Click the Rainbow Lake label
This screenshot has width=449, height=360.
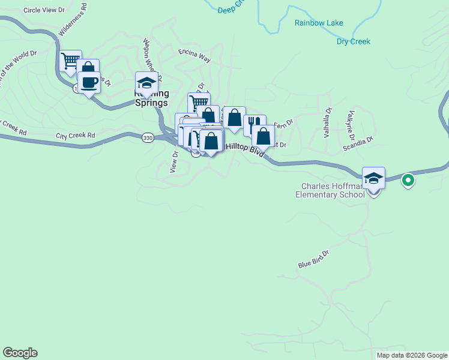pyautogui.click(x=318, y=23)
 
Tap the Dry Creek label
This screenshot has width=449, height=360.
pyautogui.click(x=353, y=42)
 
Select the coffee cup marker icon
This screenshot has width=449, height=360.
pyautogui.click(x=89, y=83)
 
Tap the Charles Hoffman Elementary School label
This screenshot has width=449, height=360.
pyautogui.click(x=330, y=190)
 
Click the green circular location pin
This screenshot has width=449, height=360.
pyautogui.click(x=408, y=179)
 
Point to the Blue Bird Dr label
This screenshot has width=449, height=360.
pyautogui.click(x=314, y=260)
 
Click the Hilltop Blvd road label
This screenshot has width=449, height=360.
pyautogui.click(x=245, y=149)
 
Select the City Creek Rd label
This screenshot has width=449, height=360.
pyautogui.click(x=75, y=136)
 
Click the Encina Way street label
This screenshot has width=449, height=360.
pyautogui.click(x=194, y=57)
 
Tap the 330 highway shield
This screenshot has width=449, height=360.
pyautogui.click(x=148, y=138)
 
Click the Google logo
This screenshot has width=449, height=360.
pyautogui.click(x=20, y=353)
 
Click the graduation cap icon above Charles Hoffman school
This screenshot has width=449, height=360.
pyautogui.click(x=373, y=178)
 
